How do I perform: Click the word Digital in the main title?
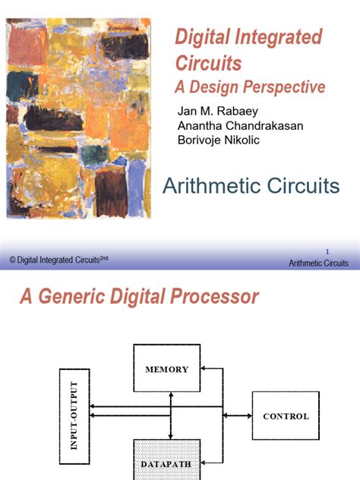(201, 37)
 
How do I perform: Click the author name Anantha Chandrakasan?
(240, 126)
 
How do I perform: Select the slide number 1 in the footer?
(326, 251)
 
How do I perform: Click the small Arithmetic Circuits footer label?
(318, 264)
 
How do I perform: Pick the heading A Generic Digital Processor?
(138, 297)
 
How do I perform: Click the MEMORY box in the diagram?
(167, 370)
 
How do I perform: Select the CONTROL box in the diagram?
(286, 415)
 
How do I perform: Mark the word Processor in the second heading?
(220, 297)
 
